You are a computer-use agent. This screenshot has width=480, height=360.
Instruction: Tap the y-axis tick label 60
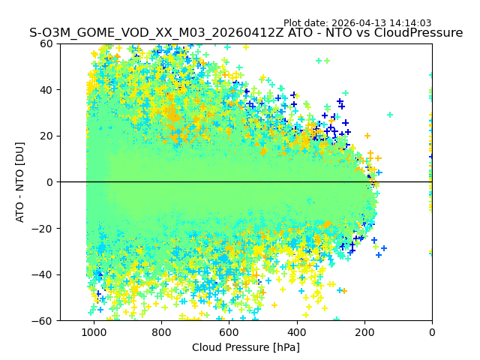pyautogui.click(x=46, y=43)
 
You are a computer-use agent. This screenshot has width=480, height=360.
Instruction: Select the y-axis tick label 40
pyautogui.click(x=46, y=90)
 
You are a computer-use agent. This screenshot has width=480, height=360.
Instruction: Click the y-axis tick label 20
pyautogui.click(x=46, y=136)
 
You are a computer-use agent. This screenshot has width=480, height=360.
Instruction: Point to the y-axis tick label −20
pyautogui.click(x=43, y=229)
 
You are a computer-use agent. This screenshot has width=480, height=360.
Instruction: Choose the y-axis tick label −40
pyautogui.click(x=43, y=274)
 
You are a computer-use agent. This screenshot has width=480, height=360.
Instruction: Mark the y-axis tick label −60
pyautogui.click(x=43, y=321)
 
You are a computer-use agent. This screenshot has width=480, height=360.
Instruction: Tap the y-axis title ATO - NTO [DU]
pyautogui.click(x=20, y=182)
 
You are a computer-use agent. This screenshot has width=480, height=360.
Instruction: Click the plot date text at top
pyautogui.click(x=357, y=23)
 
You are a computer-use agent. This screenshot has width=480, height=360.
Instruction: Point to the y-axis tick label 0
pyautogui.click(x=49, y=182)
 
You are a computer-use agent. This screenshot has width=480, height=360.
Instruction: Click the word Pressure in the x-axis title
pyautogui.click(x=249, y=347)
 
